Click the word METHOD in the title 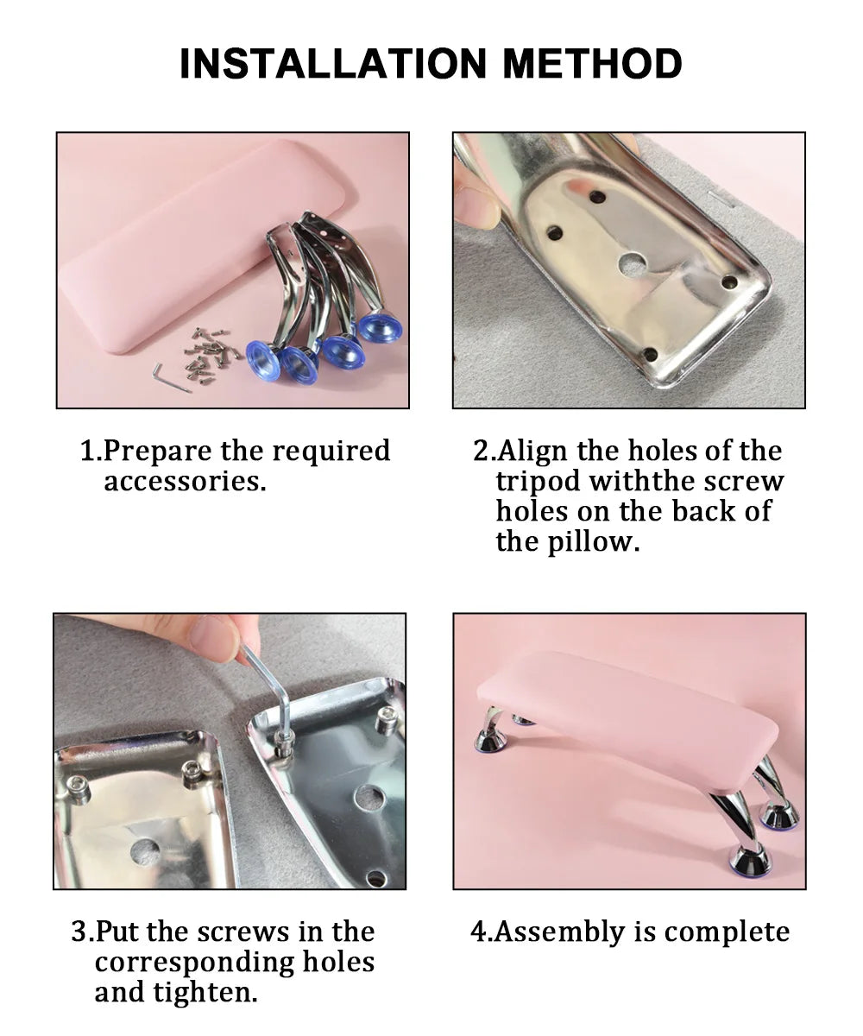592,64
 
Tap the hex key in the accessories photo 170,378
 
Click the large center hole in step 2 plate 633,265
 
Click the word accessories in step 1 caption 185,481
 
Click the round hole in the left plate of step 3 145,851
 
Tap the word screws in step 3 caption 243,932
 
